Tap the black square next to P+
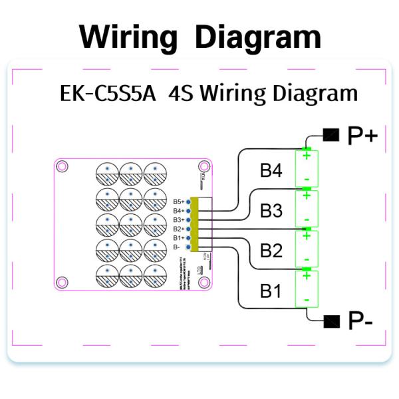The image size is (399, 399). (x=331, y=135)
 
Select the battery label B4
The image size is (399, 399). (x=271, y=172)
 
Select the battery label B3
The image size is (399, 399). (x=271, y=211)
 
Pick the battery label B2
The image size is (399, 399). (x=271, y=251)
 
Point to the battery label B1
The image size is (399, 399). (x=271, y=291)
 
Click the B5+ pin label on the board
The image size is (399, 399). (x=178, y=201)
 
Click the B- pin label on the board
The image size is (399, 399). (x=176, y=247)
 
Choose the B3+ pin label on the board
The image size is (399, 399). (x=178, y=219)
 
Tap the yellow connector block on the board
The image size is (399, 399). (x=194, y=224)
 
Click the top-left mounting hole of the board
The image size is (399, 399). (x=62, y=166)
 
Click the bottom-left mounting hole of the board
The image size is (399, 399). (x=62, y=283)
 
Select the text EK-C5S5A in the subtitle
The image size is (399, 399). (x=108, y=92)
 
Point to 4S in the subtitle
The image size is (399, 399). (x=182, y=92)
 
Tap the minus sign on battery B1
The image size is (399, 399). (x=307, y=300)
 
